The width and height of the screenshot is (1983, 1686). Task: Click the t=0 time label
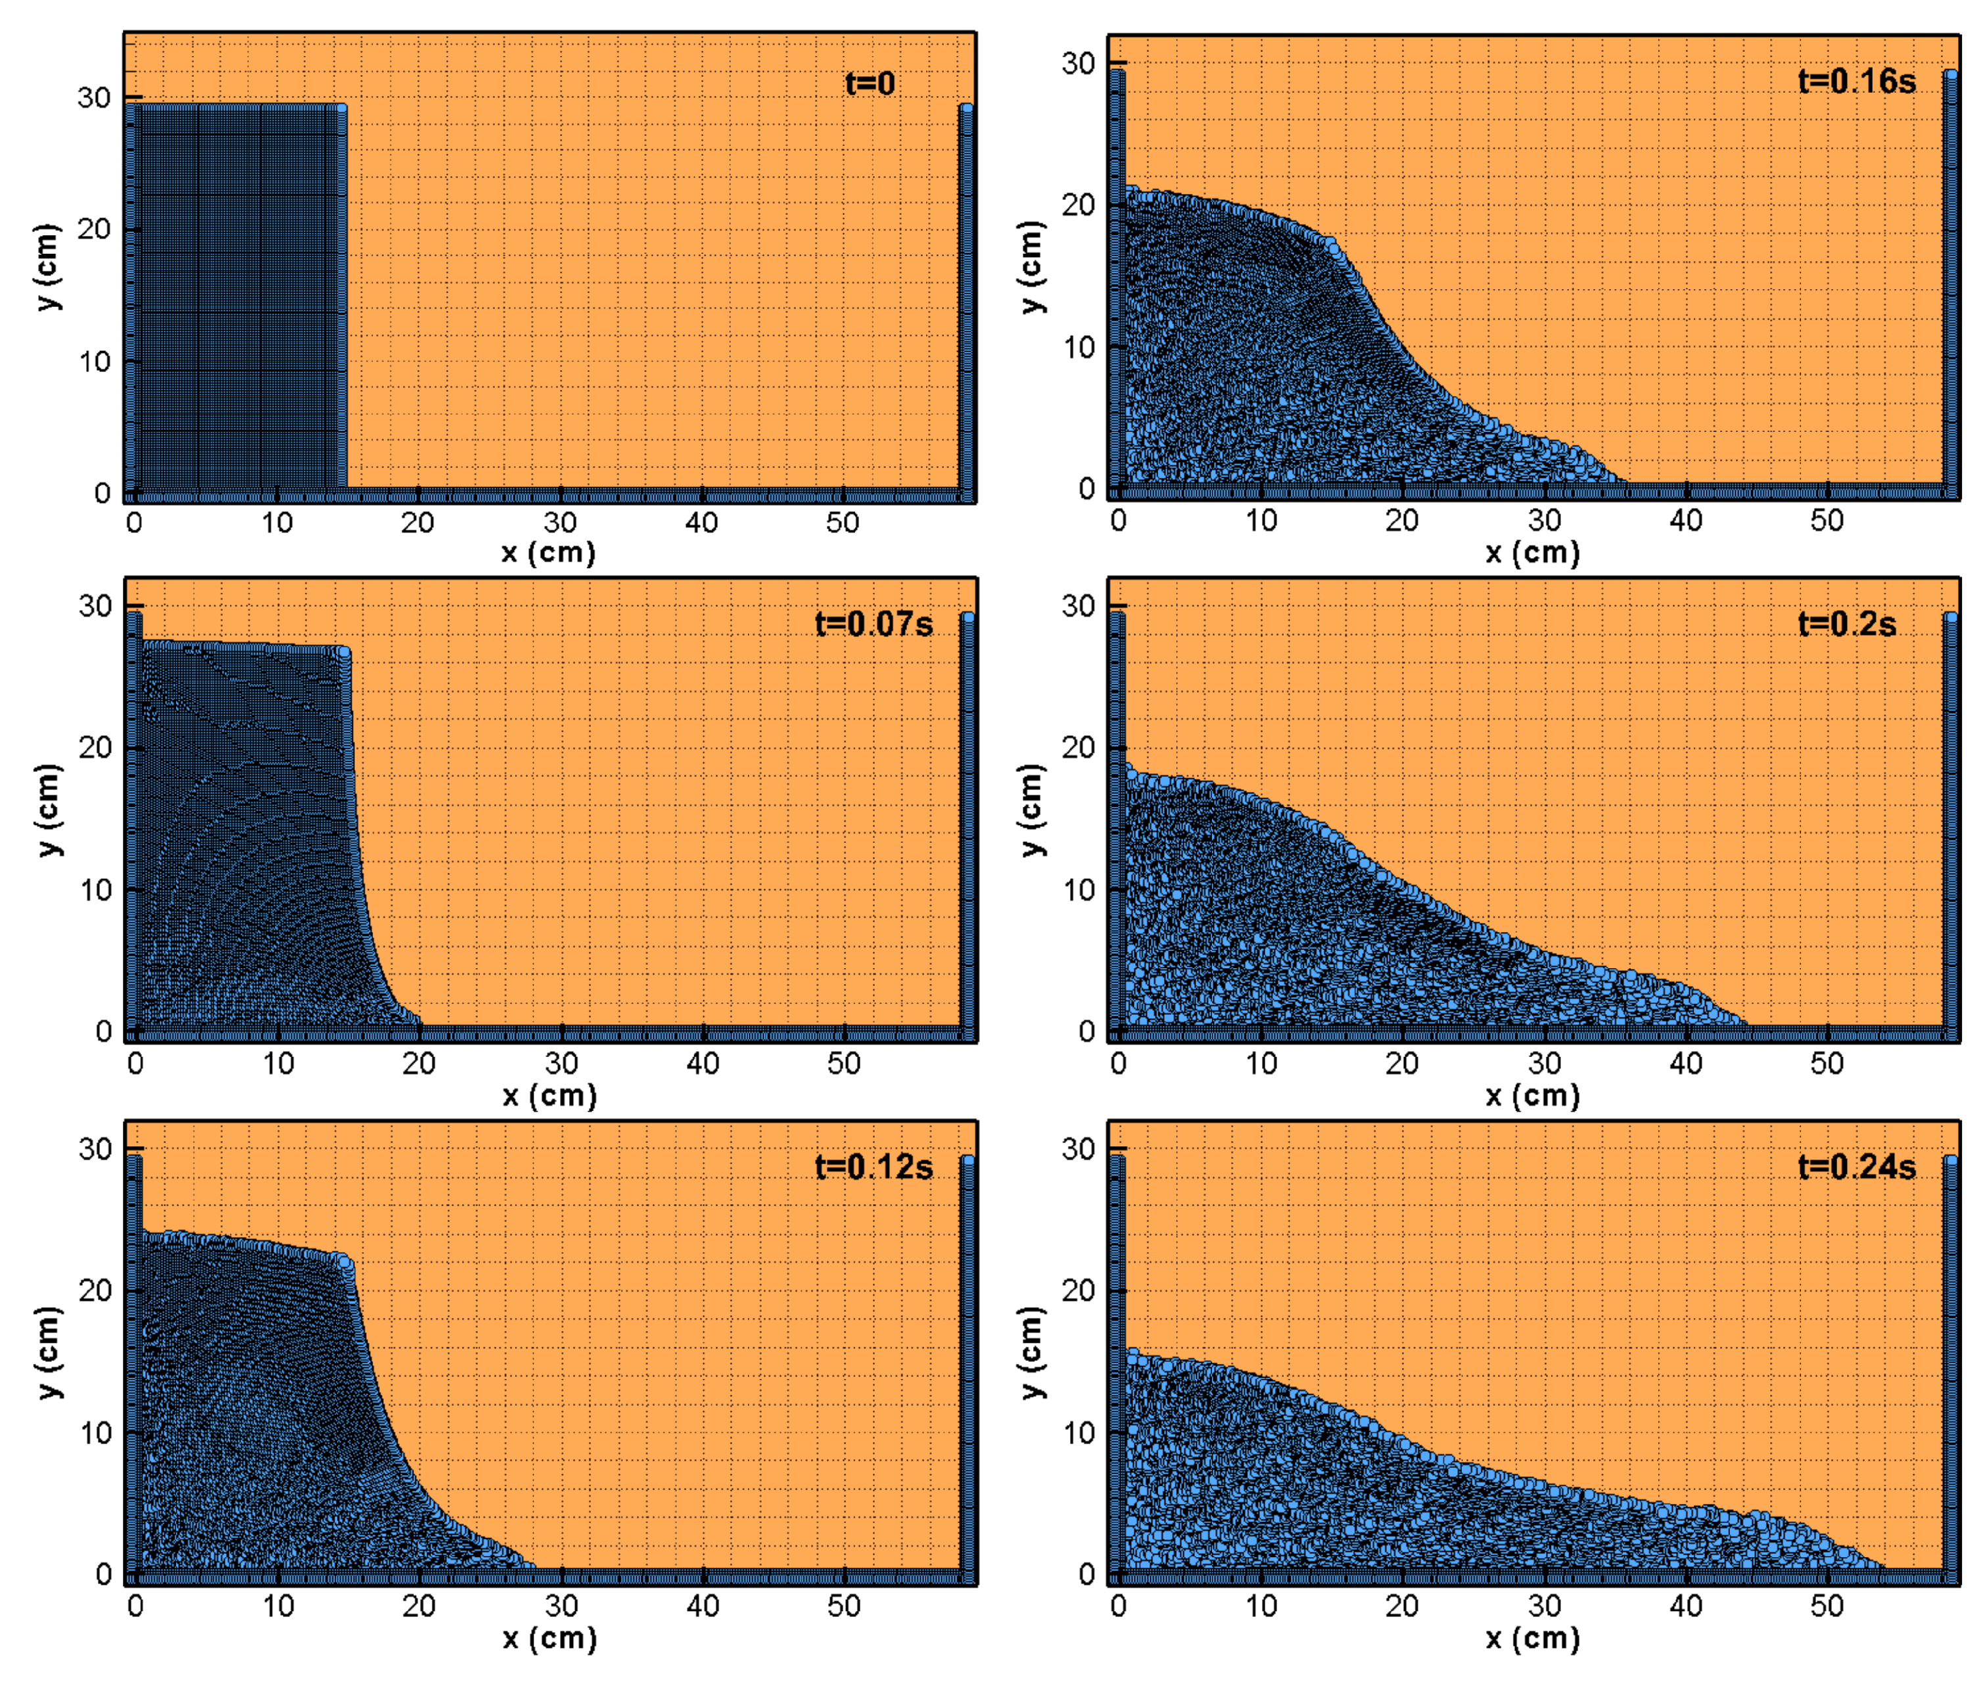[x=869, y=84]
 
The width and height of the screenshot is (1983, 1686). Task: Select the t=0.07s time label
[x=872, y=624]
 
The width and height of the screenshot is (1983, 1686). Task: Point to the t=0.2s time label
[x=1846, y=624]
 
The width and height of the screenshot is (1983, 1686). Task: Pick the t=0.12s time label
[x=872, y=1167]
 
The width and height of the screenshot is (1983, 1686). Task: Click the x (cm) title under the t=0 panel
[x=549, y=552]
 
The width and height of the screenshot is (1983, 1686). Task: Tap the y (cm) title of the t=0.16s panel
[x=1030, y=267]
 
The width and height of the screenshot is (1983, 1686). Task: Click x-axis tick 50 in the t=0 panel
[x=842, y=522]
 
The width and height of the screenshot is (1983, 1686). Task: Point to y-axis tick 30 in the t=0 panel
[x=95, y=97]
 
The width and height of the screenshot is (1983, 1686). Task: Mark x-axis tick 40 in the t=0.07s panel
[x=703, y=1063]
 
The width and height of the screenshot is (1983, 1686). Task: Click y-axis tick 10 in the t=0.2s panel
[x=1078, y=890]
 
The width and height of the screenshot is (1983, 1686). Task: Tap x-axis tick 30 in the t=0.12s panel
[x=561, y=1606]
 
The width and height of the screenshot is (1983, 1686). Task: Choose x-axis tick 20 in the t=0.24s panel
[x=1402, y=1606]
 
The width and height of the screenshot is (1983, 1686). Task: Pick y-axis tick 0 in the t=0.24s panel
[x=1086, y=1575]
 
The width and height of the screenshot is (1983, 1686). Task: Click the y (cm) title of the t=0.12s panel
[x=48, y=1353]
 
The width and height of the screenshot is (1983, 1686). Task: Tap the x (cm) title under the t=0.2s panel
[x=1532, y=1095]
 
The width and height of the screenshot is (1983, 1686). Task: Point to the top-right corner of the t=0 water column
[x=342, y=107]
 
